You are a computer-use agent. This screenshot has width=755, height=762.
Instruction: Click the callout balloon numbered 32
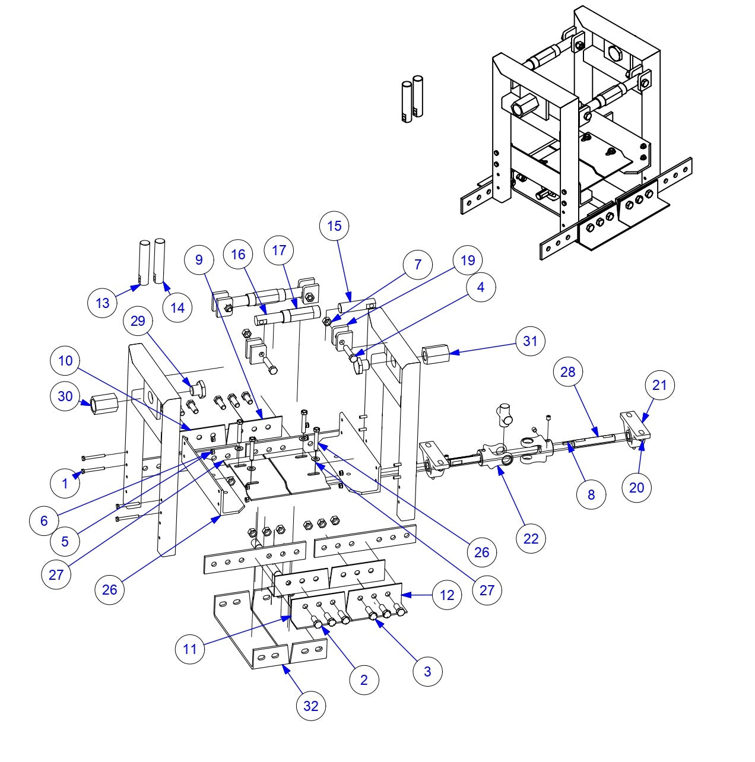(x=311, y=706)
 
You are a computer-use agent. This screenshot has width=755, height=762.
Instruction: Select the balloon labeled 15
(x=334, y=226)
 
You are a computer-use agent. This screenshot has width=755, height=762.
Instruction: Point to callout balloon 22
(x=531, y=538)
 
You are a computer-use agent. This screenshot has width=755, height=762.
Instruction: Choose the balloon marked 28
(x=568, y=372)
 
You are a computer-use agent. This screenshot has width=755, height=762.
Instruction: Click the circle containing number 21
(x=659, y=385)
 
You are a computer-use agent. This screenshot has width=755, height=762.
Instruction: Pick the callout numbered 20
(x=636, y=487)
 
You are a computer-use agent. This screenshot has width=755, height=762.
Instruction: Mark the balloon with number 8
(x=591, y=494)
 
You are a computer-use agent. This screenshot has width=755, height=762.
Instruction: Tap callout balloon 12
(x=447, y=595)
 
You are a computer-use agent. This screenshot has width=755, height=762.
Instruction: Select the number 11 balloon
(x=190, y=649)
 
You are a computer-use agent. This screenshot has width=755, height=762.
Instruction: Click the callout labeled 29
(x=138, y=320)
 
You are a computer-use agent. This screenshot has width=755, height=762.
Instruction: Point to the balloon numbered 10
(x=65, y=360)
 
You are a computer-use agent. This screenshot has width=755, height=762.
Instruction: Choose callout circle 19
(x=468, y=260)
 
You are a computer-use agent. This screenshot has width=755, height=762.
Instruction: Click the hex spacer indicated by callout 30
(x=104, y=407)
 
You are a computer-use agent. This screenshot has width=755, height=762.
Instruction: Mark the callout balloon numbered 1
(x=65, y=483)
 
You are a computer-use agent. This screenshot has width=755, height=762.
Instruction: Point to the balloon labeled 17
(x=279, y=250)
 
